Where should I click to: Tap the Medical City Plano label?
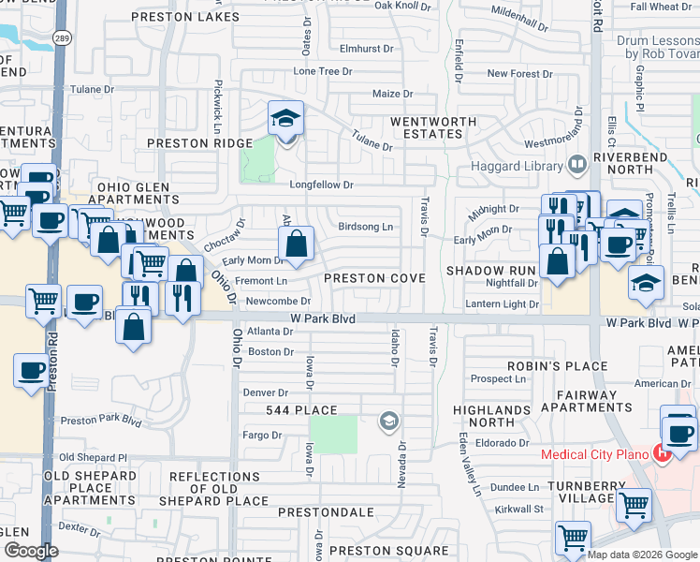tap(596, 455)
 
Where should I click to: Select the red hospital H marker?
tap(663, 454)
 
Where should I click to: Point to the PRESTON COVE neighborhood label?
tap(374, 278)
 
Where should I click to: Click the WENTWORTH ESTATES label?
tap(426, 127)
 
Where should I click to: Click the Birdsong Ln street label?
tap(365, 227)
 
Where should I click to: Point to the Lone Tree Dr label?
tap(323, 71)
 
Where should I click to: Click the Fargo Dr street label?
tap(263, 435)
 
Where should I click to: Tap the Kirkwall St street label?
tap(519, 509)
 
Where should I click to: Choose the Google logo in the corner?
tap(31, 551)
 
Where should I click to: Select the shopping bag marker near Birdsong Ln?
tap(296, 246)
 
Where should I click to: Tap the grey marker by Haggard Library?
tap(577, 166)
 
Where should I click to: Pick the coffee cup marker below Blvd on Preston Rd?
tap(31, 370)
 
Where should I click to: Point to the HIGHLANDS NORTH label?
tap(491, 416)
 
